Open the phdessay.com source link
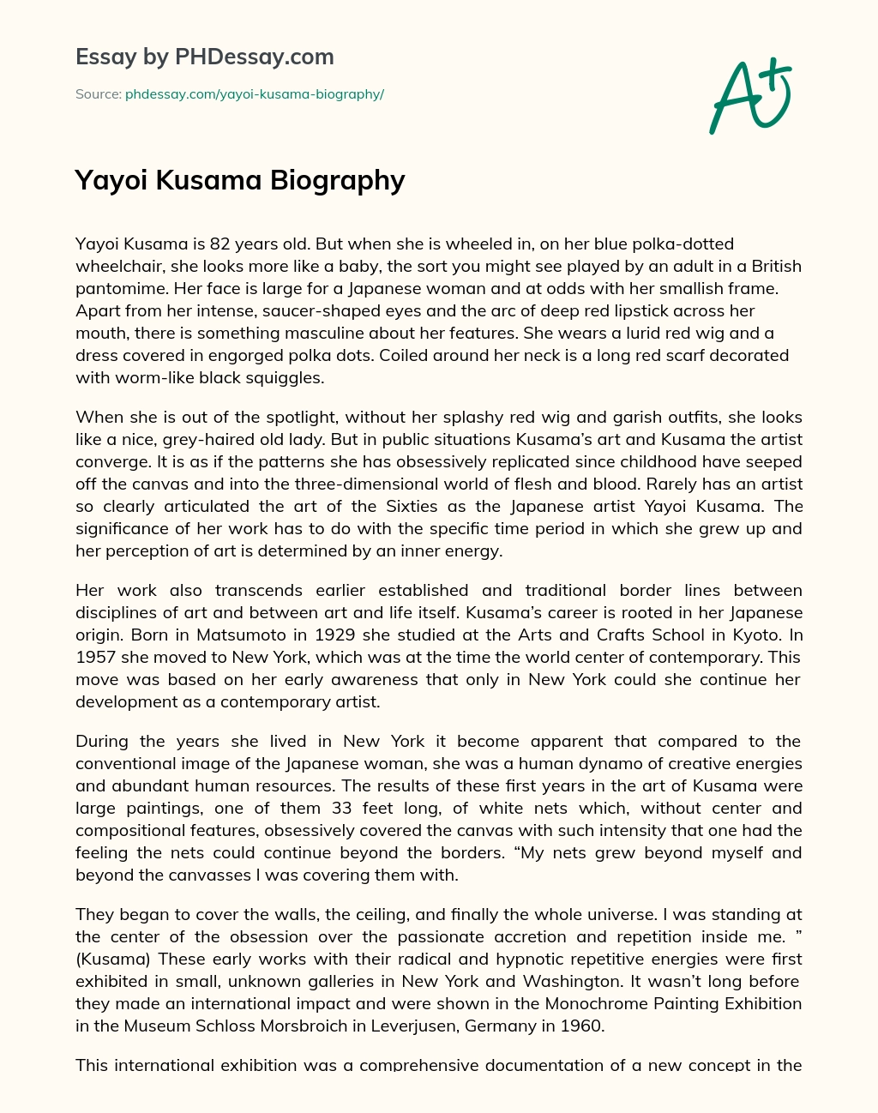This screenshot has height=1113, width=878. click(x=255, y=94)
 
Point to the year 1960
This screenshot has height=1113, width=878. click(x=580, y=1025)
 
